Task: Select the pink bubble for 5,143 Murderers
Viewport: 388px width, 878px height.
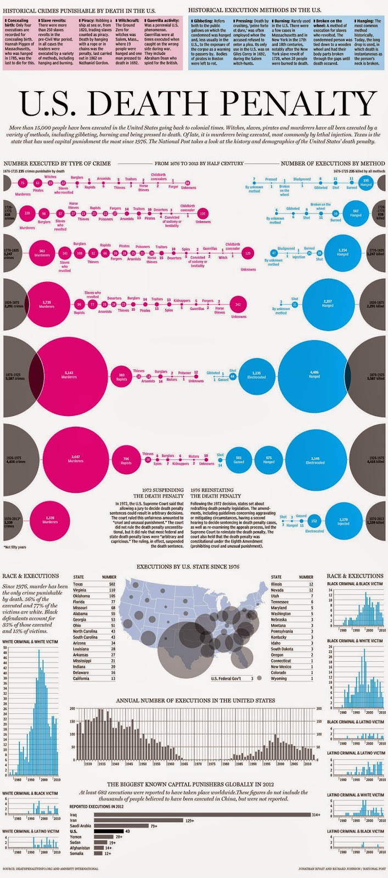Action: point(69,376)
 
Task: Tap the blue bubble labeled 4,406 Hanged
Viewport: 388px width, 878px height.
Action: point(314,376)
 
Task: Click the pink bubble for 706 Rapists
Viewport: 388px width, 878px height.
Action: point(125,461)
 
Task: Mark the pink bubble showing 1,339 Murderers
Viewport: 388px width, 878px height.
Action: point(50,520)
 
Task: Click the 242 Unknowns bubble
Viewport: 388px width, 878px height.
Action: point(237,305)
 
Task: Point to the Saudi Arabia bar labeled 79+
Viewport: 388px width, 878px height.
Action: point(121,825)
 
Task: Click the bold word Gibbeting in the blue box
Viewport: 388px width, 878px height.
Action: point(204,20)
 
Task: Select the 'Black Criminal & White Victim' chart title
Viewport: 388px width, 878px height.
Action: point(355,641)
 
